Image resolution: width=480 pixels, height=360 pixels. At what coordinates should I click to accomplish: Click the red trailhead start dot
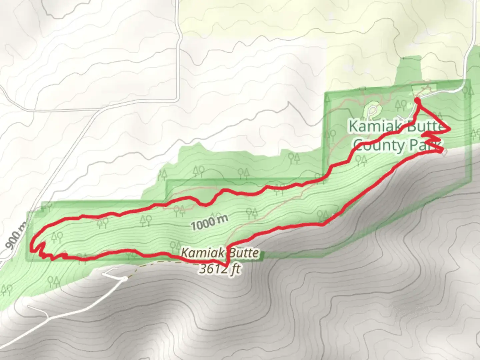click(417, 100)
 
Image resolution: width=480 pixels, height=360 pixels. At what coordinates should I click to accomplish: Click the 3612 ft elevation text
click(220, 269)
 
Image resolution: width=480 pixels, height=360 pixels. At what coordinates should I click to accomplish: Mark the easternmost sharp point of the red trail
click(450, 129)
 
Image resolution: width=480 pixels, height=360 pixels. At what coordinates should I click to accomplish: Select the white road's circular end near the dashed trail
click(125, 278)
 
